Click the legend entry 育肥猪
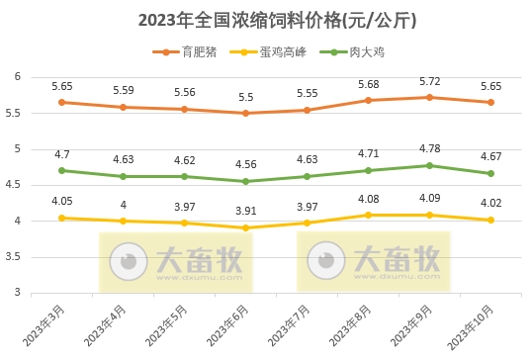tap(194, 50)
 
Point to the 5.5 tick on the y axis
tap(16, 113)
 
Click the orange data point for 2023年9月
tap(428, 97)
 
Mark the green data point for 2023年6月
tap(245, 181)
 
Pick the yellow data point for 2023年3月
tap(61, 218)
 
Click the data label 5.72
tap(428, 80)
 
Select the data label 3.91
tap(245, 211)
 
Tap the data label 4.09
tap(428, 198)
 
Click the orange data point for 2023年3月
tap(61, 102)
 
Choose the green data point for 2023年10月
tap(489, 173)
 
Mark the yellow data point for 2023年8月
tap(368, 215)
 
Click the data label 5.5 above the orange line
tap(245, 97)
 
